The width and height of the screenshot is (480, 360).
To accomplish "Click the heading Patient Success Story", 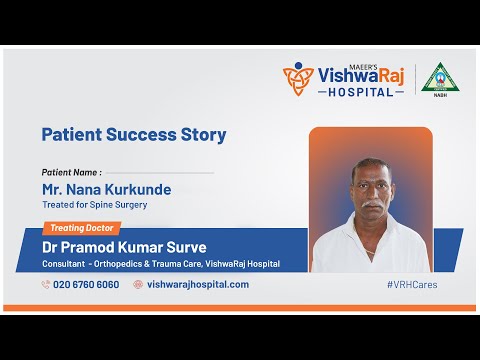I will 133,134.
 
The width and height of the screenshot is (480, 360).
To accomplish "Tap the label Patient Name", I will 70,172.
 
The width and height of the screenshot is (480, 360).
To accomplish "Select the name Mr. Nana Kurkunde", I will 106,189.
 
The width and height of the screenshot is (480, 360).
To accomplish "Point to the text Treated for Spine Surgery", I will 95,205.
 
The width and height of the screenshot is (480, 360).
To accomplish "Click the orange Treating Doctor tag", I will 81,228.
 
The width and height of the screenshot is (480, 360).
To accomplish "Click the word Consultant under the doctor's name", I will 62,264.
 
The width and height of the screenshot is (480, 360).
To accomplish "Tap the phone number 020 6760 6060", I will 86,284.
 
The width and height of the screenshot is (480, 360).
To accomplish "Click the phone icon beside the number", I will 46,284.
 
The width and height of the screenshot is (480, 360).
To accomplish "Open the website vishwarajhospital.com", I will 197,284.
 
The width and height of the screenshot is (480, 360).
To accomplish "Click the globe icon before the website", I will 138,284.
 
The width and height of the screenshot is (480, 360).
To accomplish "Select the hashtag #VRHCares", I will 411,284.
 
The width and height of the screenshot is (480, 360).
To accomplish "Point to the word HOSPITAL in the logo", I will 361,92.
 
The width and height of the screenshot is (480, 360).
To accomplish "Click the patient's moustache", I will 370,203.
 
